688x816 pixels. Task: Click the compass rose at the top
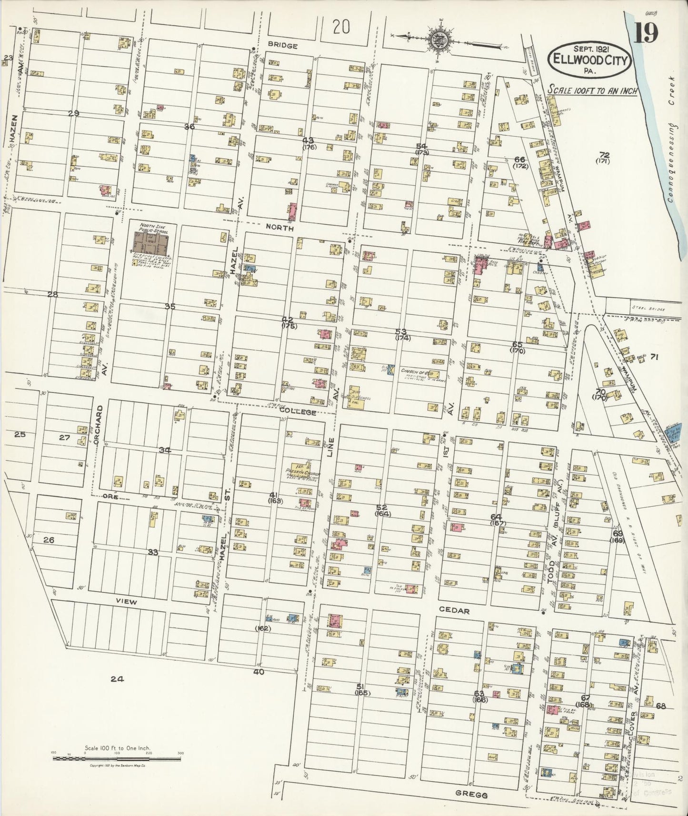(x=439, y=41)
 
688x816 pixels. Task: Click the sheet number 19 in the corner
(x=647, y=33)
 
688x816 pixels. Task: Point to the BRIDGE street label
(x=282, y=46)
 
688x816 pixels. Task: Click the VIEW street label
(x=126, y=602)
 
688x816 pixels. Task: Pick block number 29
(x=73, y=113)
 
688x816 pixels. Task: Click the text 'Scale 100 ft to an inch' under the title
(x=592, y=89)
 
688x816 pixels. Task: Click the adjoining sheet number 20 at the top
(x=341, y=28)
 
